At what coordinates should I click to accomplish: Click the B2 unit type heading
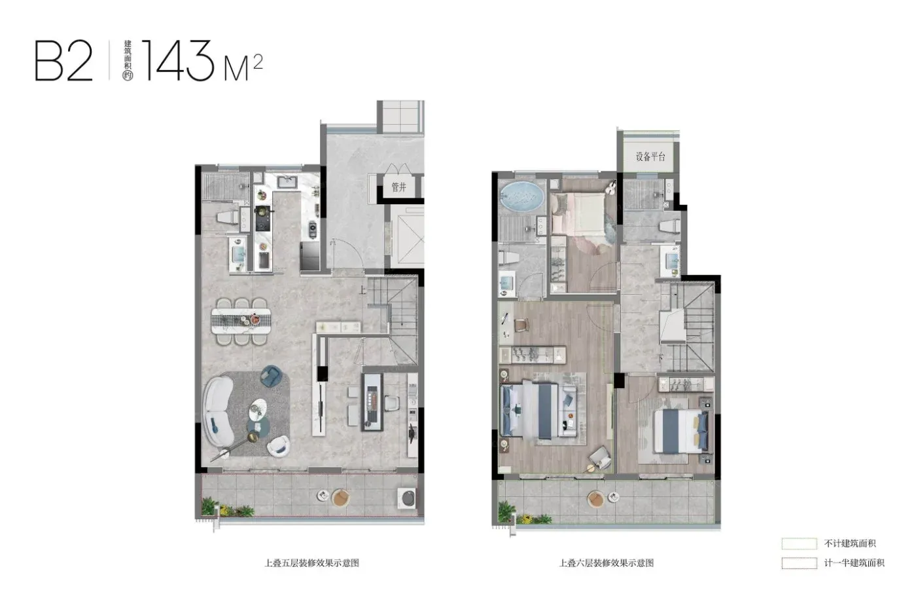[64, 60]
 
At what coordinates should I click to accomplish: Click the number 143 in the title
[177, 60]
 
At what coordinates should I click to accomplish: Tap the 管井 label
[398, 187]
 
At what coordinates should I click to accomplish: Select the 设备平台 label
[650, 157]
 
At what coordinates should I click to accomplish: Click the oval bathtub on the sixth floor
[522, 197]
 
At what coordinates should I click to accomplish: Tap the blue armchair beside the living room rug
[272, 376]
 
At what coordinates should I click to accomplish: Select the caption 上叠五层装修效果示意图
[311, 563]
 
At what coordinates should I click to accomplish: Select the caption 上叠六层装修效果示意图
[607, 563]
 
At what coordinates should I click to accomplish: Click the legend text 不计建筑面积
[850, 544]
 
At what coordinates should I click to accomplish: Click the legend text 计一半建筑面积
[854, 563]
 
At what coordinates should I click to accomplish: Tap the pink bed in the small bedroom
[579, 214]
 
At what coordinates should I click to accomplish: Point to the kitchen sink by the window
[289, 181]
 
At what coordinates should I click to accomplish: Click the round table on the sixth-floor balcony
[596, 499]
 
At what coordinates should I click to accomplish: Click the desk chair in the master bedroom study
[521, 325]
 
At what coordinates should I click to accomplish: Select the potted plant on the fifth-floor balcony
[209, 506]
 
